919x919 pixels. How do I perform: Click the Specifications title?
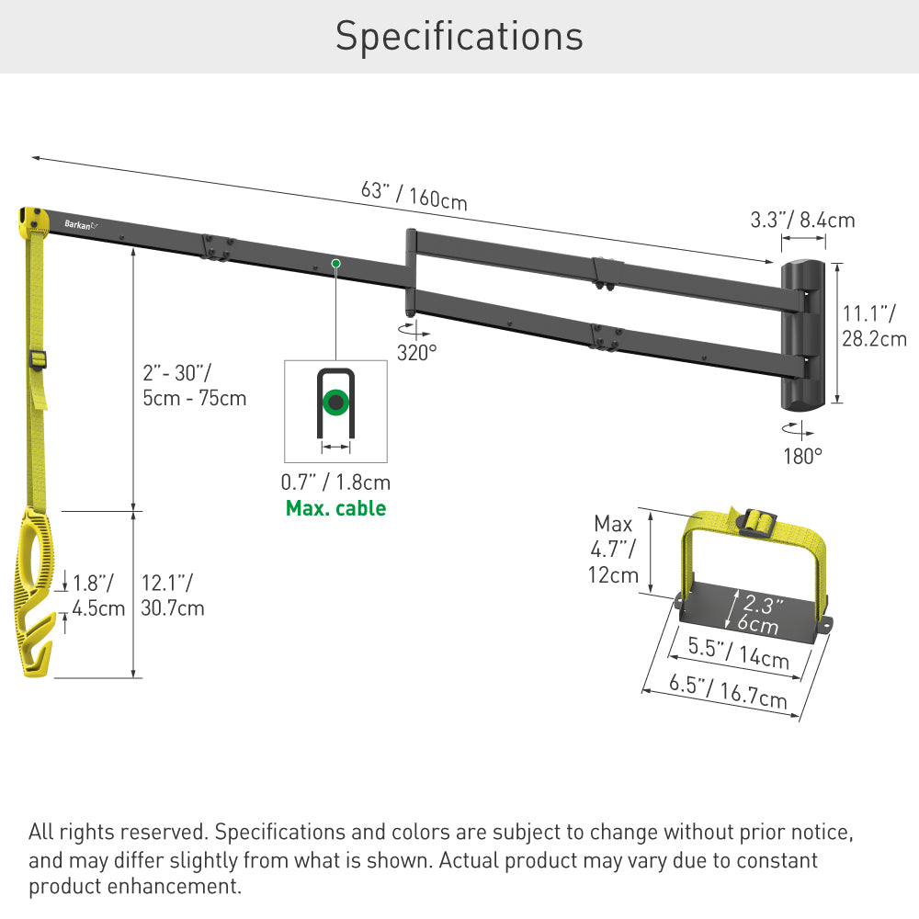point(459,36)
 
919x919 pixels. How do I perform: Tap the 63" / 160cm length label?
point(414,195)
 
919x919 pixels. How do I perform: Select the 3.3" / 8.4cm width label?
point(802,220)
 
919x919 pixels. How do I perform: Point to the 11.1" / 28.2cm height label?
point(874,326)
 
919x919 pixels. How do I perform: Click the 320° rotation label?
point(416,352)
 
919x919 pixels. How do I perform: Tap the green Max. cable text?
point(335,508)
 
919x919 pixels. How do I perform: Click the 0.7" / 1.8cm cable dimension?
point(335,482)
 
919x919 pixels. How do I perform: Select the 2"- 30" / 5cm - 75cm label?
point(194,385)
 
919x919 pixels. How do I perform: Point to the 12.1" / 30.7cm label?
point(173,595)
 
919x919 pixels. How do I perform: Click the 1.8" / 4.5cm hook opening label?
point(98,595)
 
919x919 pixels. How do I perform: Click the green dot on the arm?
point(335,264)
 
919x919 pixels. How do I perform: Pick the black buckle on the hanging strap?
point(39,360)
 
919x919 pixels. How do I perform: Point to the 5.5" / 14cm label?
point(739,652)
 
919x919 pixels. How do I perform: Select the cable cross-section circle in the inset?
point(336,403)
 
